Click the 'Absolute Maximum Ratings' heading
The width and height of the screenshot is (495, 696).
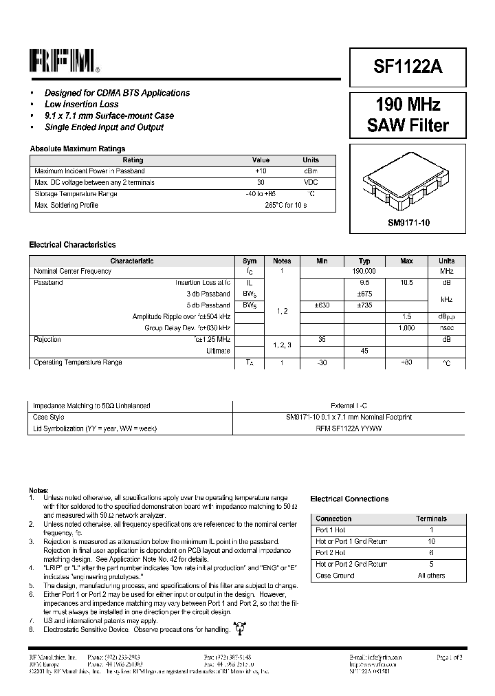point(77,149)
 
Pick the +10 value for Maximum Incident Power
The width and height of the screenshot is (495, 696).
point(261,171)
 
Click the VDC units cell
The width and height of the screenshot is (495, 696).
point(311,182)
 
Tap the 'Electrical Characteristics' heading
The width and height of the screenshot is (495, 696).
point(72,245)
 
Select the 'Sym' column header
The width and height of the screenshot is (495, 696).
point(250,261)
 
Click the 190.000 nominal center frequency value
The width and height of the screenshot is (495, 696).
point(364,272)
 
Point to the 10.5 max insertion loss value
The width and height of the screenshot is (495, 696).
point(406,283)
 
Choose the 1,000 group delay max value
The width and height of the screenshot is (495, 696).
point(406,328)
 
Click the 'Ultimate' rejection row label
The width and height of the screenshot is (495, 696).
point(218,351)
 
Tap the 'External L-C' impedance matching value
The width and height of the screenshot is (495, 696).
point(349,406)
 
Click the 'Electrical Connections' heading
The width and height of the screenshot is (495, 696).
point(349,499)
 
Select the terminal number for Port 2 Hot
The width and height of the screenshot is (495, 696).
point(431,553)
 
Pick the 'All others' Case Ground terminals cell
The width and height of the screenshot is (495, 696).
point(431,576)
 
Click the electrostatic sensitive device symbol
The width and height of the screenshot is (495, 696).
point(239,627)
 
